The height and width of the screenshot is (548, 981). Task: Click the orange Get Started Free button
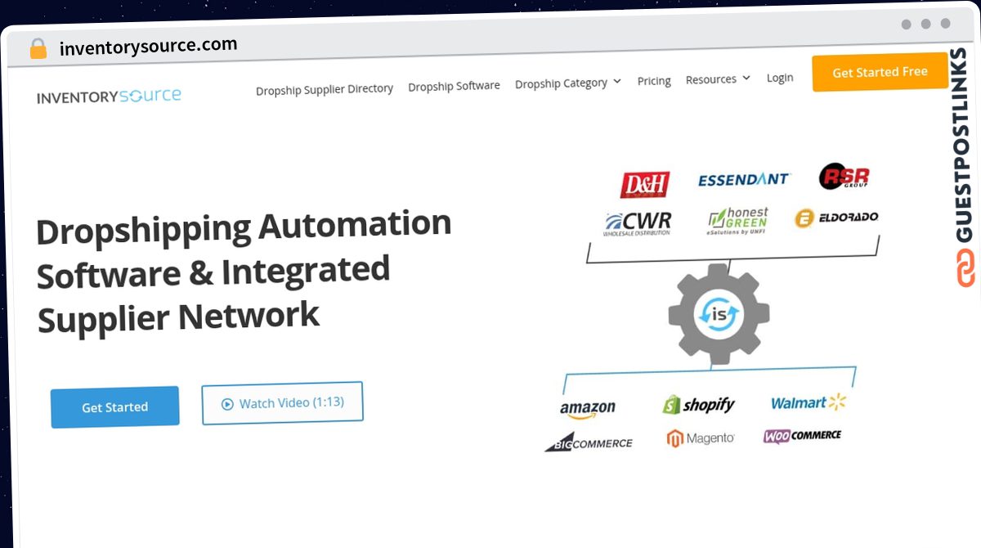pyautogui.click(x=880, y=72)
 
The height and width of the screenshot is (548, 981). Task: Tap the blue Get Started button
pyautogui.click(x=114, y=407)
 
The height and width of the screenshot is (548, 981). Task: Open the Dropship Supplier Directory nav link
pyautogui.click(x=324, y=89)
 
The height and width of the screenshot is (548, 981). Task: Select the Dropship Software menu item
pyautogui.click(x=454, y=86)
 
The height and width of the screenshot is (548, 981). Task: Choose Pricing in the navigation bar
pyautogui.click(x=654, y=81)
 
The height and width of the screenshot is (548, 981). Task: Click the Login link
pyautogui.click(x=780, y=78)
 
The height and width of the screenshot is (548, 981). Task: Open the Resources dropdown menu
pyautogui.click(x=718, y=79)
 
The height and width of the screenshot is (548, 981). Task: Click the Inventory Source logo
pyautogui.click(x=109, y=96)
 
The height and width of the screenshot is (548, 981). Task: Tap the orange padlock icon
pyautogui.click(x=38, y=48)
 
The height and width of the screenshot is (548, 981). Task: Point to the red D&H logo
pyautogui.click(x=645, y=184)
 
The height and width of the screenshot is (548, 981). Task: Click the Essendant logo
pyautogui.click(x=743, y=180)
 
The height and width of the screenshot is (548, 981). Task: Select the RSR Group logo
pyautogui.click(x=844, y=176)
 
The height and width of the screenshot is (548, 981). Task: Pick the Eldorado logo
pyautogui.click(x=836, y=218)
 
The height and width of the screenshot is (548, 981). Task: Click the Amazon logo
pyautogui.click(x=587, y=409)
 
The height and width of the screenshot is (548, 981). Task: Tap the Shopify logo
pyautogui.click(x=698, y=405)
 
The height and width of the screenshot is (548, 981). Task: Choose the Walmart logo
pyautogui.click(x=808, y=402)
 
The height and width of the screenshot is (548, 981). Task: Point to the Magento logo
pyautogui.click(x=701, y=438)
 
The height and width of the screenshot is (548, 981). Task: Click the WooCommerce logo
pyautogui.click(x=802, y=436)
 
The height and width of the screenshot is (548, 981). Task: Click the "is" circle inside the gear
pyautogui.click(x=719, y=314)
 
